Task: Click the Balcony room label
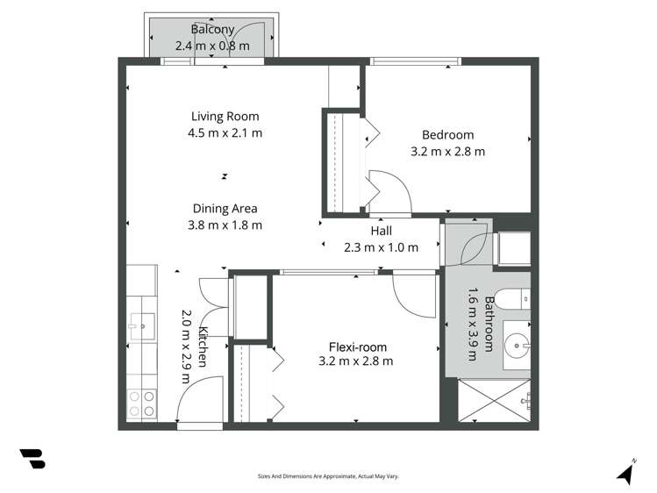click(213, 29)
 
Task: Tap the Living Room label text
click(225, 116)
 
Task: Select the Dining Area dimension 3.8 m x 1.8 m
click(225, 225)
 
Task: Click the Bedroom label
click(447, 134)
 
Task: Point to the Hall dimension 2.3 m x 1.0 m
click(381, 247)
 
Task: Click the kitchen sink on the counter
click(140, 325)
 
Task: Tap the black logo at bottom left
click(32, 459)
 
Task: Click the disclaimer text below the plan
click(328, 476)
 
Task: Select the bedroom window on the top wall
click(415, 61)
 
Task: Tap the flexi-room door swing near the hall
click(414, 294)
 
